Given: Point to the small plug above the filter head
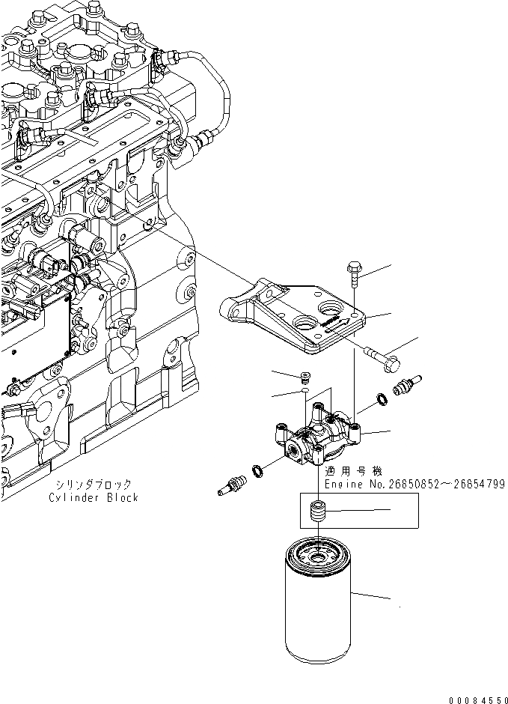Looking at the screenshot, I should pos(304,376).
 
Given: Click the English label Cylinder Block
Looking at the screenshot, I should pos(94,497).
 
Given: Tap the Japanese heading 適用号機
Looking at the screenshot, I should pos(354,472).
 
